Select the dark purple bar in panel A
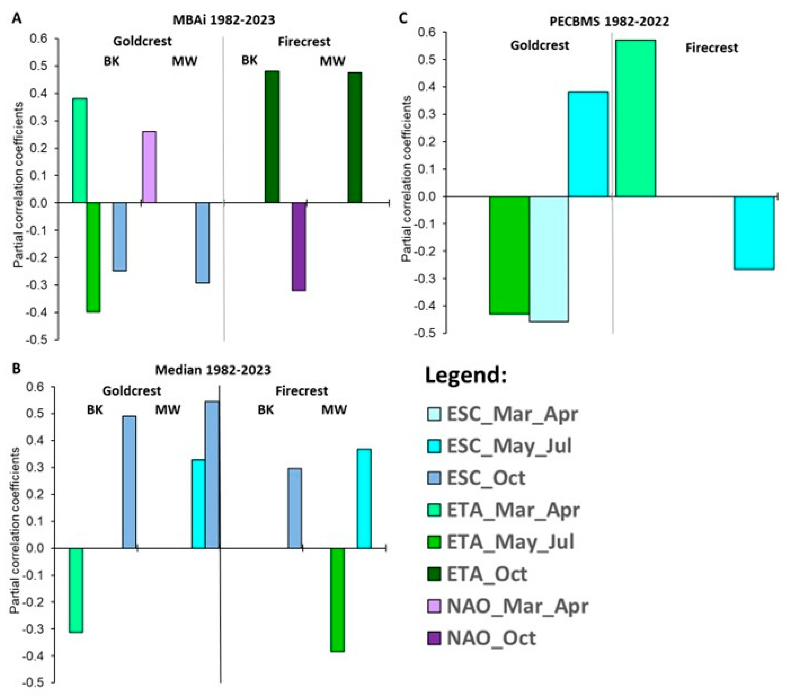(299, 247)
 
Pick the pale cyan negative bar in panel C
(549, 259)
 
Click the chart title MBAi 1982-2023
(224, 19)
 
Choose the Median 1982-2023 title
(213, 370)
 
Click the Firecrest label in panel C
(711, 48)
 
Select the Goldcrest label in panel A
(142, 41)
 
